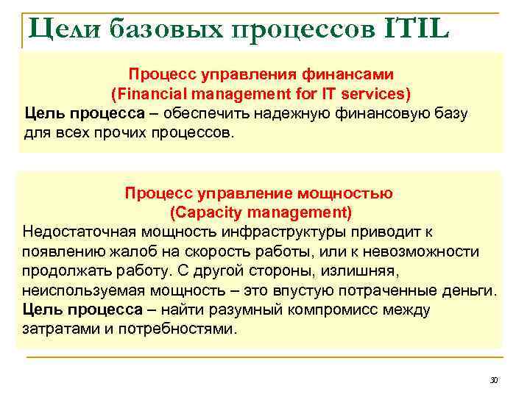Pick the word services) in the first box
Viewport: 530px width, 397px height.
pyautogui.click(x=377, y=94)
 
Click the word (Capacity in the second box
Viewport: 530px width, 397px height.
pyautogui.click(x=205, y=213)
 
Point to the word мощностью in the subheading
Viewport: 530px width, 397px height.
pyautogui.click(x=346, y=193)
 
